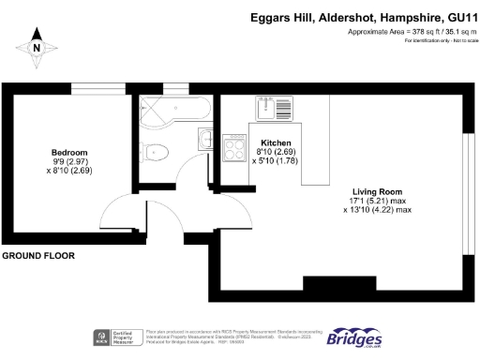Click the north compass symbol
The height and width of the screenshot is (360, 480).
(37, 47)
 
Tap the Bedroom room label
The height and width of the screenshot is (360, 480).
(69, 153)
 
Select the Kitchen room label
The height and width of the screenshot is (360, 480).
(275, 142)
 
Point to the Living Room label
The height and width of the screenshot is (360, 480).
(376, 191)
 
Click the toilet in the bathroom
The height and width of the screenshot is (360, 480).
(157, 151)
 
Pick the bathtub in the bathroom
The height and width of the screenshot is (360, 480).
(171, 110)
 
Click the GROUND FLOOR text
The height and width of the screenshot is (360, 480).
(38, 255)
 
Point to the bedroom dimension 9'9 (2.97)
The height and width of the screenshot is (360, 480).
(69, 162)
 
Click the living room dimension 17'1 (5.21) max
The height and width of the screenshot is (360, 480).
(377, 201)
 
